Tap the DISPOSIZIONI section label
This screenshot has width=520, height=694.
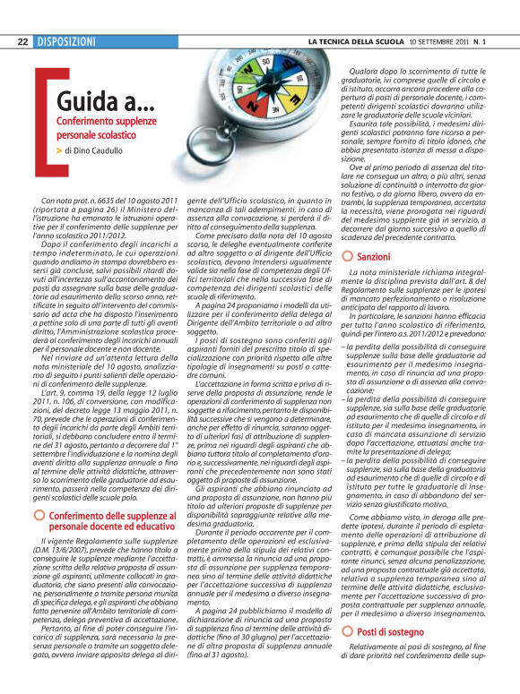(66, 41)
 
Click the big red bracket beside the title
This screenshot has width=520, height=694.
(41, 116)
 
